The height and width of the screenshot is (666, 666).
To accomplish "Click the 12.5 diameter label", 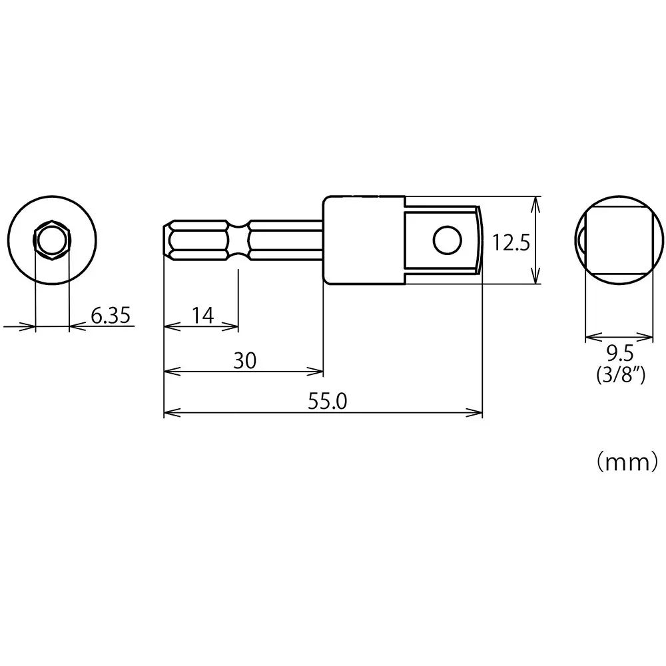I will coord(510,243).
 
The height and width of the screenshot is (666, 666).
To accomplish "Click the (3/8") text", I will coord(619,376).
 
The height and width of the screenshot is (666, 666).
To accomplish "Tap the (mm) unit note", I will coord(627,462).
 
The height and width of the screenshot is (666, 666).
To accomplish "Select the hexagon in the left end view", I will coord(52,240).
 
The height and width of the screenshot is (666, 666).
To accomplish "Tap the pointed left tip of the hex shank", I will coord(166,239).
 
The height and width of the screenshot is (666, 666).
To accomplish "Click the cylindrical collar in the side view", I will coord(364,240).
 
